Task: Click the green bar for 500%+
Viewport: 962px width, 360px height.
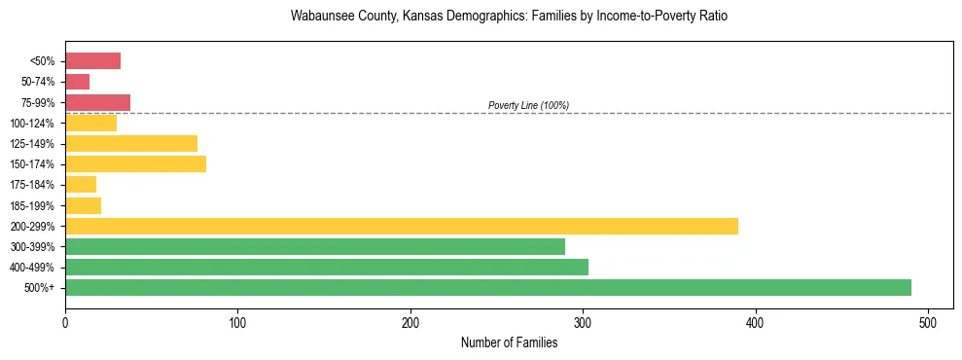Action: click(488, 288)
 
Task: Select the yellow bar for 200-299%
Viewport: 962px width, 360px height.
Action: click(402, 226)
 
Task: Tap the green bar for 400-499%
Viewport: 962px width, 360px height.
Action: click(327, 268)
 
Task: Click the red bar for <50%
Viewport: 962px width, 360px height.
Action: click(92, 61)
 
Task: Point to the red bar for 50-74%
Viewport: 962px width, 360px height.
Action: click(77, 82)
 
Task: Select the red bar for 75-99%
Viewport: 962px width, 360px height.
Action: click(97, 102)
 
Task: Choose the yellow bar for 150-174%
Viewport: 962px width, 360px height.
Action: click(135, 164)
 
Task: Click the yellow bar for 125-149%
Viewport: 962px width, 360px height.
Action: click(131, 144)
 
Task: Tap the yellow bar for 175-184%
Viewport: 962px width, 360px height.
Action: click(81, 185)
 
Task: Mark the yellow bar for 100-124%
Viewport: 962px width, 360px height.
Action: click(90, 124)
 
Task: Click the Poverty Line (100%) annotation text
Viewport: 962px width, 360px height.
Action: click(528, 105)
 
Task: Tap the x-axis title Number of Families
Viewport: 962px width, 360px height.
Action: click(509, 342)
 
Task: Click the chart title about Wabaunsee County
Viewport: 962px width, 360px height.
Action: click(509, 17)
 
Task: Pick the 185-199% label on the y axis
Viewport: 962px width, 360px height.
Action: click(37, 205)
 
